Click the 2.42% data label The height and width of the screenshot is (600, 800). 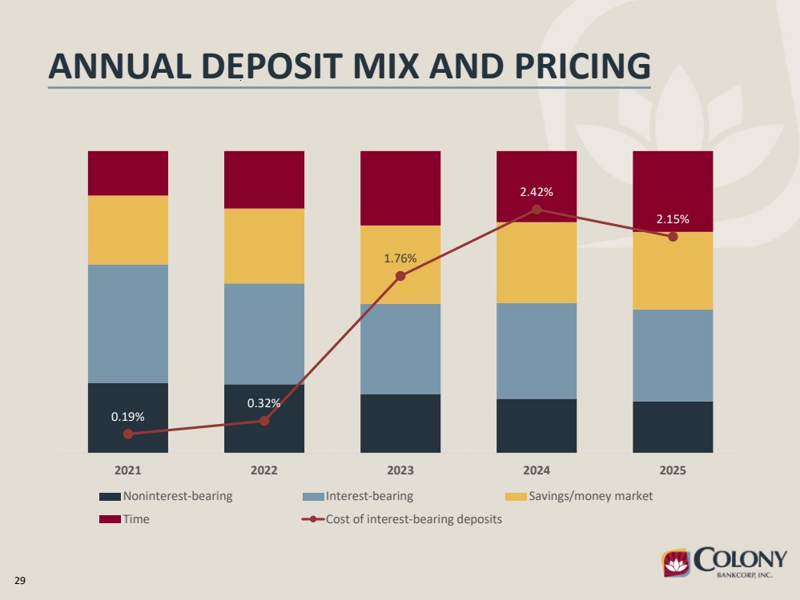tap(537, 192)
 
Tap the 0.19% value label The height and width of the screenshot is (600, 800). tap(127, 417)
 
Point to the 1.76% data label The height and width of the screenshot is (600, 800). tap(400, 258)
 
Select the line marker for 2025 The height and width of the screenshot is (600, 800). tap(673, 237)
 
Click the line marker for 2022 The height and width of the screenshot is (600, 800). tap(264, 421)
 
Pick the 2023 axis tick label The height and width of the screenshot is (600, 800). tap(400, 470)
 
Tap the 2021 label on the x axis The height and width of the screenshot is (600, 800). tap(127, 470)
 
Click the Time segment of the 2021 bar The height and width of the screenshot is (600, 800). tap(128, 174)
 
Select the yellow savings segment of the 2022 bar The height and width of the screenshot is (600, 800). tap(264, 246)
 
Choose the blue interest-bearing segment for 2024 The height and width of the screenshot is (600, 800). tap(537, 351)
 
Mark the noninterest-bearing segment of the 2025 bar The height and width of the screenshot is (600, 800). tap(673, 427)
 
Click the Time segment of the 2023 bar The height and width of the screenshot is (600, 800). tap(400, 188)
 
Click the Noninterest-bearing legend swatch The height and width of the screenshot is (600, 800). tap(110, 497)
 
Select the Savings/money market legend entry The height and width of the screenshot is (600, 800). tap(579, 496)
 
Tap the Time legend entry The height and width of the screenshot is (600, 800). tap(124, 519)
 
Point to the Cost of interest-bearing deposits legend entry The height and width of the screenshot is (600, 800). tap(402, 519)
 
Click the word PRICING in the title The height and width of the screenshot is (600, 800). tap(583, 66)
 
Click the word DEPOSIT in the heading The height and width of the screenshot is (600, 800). tap(272, 66)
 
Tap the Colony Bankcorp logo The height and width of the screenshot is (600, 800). tap(724, 562)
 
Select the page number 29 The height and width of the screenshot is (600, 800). tap(20, 581)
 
